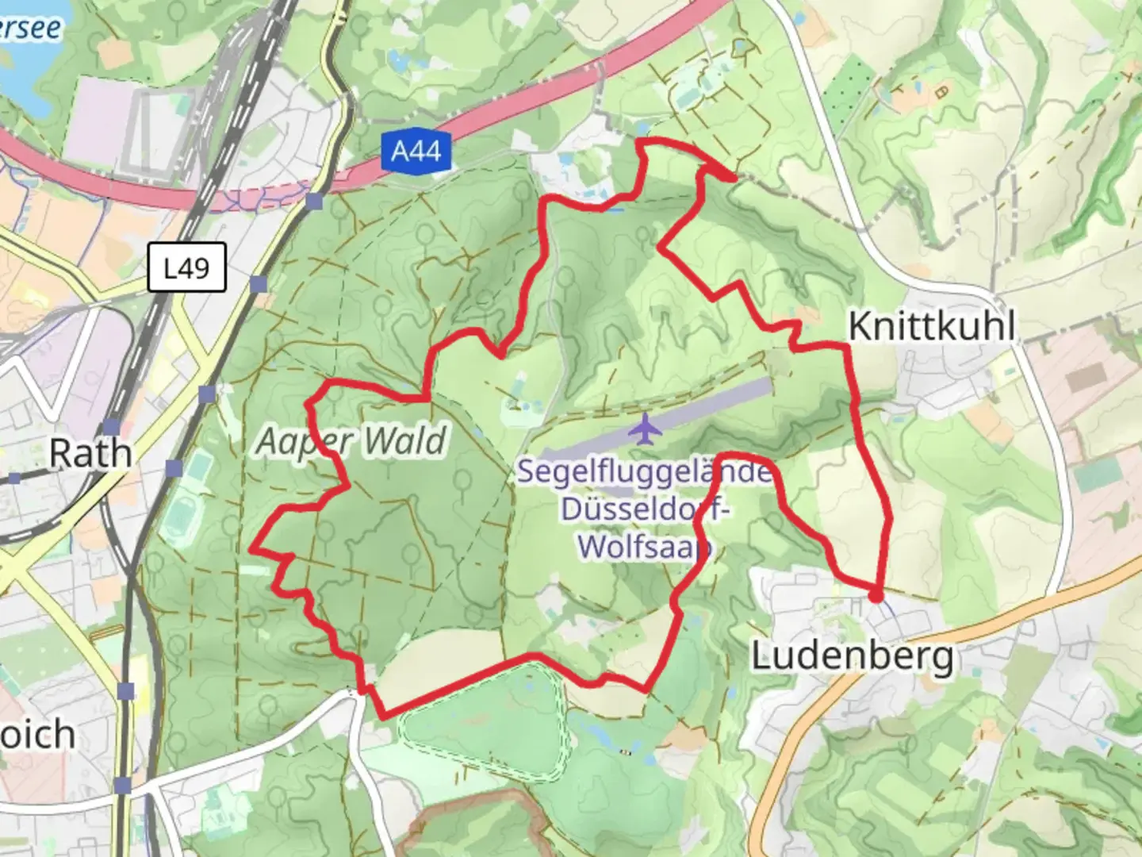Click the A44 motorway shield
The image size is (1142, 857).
416,151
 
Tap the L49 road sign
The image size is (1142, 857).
186,268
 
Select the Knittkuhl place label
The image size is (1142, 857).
932,326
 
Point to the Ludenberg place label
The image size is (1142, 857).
853,657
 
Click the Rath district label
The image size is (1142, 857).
90,454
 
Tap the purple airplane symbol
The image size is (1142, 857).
645,429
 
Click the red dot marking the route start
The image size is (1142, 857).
876,596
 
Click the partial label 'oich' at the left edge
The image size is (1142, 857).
37,735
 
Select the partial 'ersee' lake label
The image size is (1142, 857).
30,28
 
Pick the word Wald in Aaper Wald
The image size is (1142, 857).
408,440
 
